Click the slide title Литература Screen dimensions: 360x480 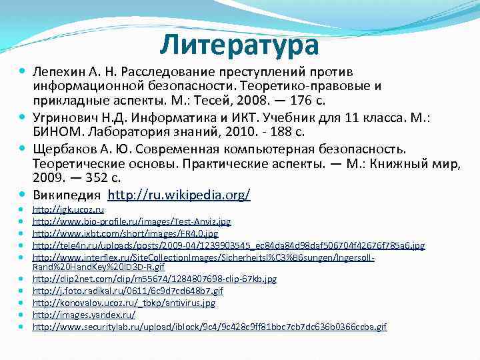click(x=240, y=45)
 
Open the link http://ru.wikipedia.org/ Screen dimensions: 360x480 click(x=179, y=195)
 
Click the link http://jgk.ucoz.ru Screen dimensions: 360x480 click(x=68, y=209)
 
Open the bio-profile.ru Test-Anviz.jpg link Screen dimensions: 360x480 click(x=131, y=221)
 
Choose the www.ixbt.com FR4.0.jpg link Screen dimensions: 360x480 click(x=125, y=233)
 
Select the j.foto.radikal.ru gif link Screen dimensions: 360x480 click(x=127, y=291)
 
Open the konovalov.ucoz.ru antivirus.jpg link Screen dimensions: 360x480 click(x=123, y=303)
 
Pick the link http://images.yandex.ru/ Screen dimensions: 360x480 click(x=83, y=315)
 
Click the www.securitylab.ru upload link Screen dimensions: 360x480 click(x=209, y=327)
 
